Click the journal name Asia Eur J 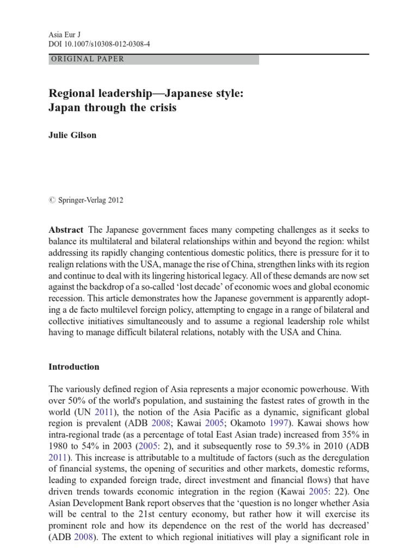tap(64, 34)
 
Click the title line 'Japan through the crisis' tap(113, 107)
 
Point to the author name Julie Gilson tap(72, 135)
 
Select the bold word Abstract tap(66, 230)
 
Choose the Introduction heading tap(74, 367)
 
